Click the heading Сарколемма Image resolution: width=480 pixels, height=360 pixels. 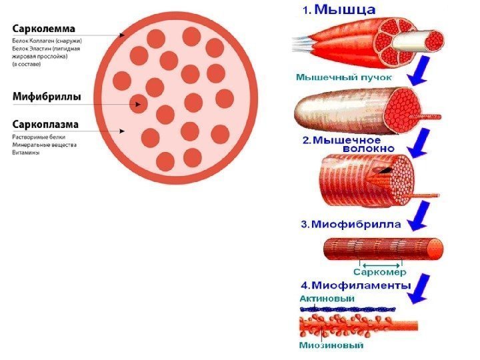[x=44, y=29]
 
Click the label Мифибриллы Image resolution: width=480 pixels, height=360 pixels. [x=47, y=97]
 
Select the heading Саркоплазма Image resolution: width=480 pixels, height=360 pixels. [x=46, y=124]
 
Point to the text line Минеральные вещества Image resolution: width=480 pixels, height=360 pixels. [x=45, y=144]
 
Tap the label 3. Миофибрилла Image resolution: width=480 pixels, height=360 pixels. [x=351, y=225]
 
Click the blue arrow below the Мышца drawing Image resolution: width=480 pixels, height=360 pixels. [x=417, y=71]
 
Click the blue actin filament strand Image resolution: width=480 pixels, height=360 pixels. [x=347, y=309]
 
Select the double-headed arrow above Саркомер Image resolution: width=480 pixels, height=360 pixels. [x=379, y=263]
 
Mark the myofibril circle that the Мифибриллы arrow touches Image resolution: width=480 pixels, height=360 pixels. [x=138, y=103]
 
